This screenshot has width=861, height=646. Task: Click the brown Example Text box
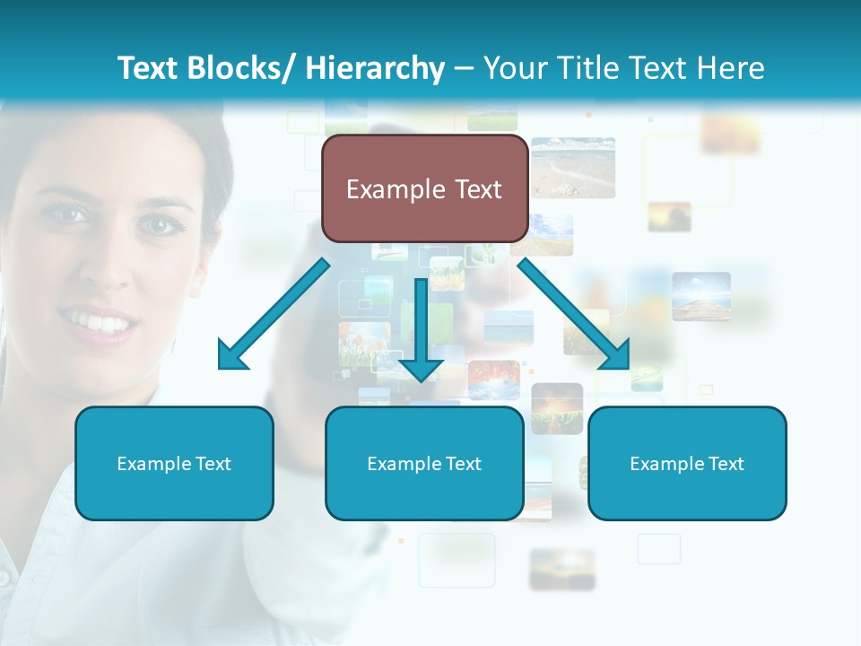click(x=424, y=188)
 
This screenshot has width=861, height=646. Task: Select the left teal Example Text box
click(x=174, y=463)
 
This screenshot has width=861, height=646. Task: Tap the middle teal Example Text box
click(x=424, y=463)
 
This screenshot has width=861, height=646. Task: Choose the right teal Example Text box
click(x=687, y=463)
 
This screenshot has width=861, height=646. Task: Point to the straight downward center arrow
click(x=421, y=332)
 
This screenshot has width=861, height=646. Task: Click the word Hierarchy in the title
click(x=375, y=68)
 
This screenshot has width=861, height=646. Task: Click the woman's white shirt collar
click(x=54, y=502)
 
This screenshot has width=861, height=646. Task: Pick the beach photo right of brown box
click(x=573, y=167)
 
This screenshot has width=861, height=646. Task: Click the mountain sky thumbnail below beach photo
click(x=700, y=296)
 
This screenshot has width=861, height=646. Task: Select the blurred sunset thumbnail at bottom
click(x=561, y=569)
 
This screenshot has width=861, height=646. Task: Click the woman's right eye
click(x=70, y=214)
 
